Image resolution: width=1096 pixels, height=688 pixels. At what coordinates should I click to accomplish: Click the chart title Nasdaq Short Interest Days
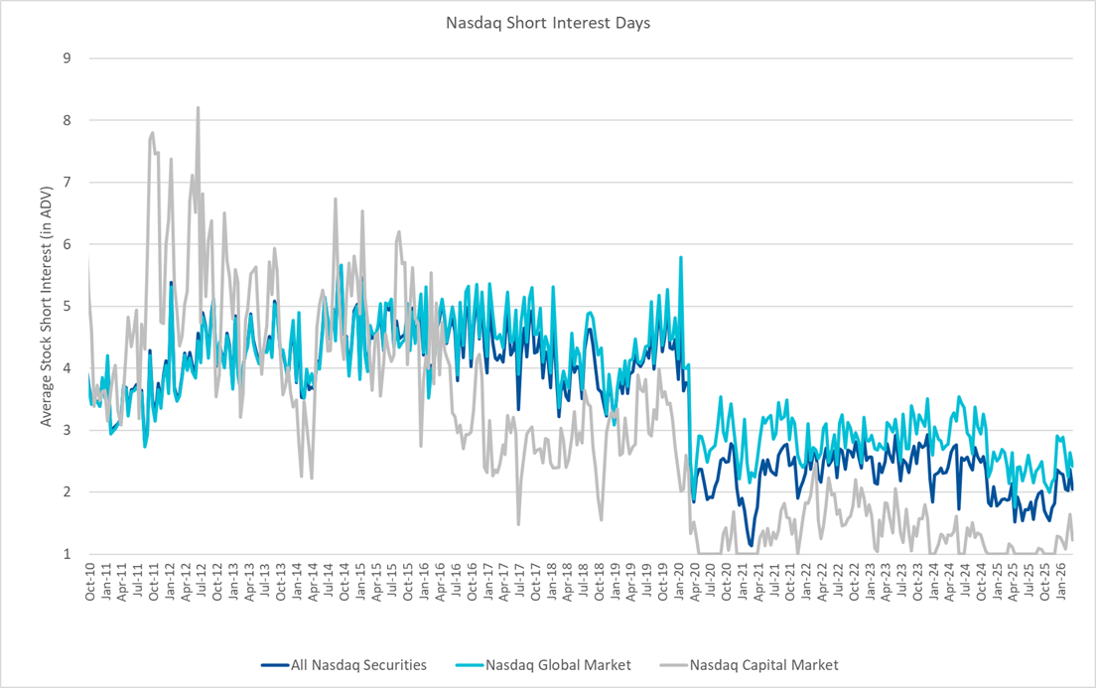click(547, 22)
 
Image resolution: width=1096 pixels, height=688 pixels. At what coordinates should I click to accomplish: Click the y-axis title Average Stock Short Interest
click(47, 306)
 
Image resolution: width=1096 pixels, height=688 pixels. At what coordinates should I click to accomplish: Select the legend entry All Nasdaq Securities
click(343, 665)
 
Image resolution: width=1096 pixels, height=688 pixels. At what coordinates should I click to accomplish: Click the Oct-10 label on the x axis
click(90, 582)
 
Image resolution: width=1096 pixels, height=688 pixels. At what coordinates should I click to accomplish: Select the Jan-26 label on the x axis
click(1062, 582)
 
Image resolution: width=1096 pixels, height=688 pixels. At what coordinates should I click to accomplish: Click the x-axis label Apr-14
click(314, 582)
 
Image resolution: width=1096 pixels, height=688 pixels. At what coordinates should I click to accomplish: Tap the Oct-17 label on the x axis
click(536, 582)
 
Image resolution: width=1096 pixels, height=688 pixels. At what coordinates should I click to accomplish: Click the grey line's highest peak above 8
click(198, 107)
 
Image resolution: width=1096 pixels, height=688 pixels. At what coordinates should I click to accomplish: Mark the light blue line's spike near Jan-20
click(681, 257)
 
